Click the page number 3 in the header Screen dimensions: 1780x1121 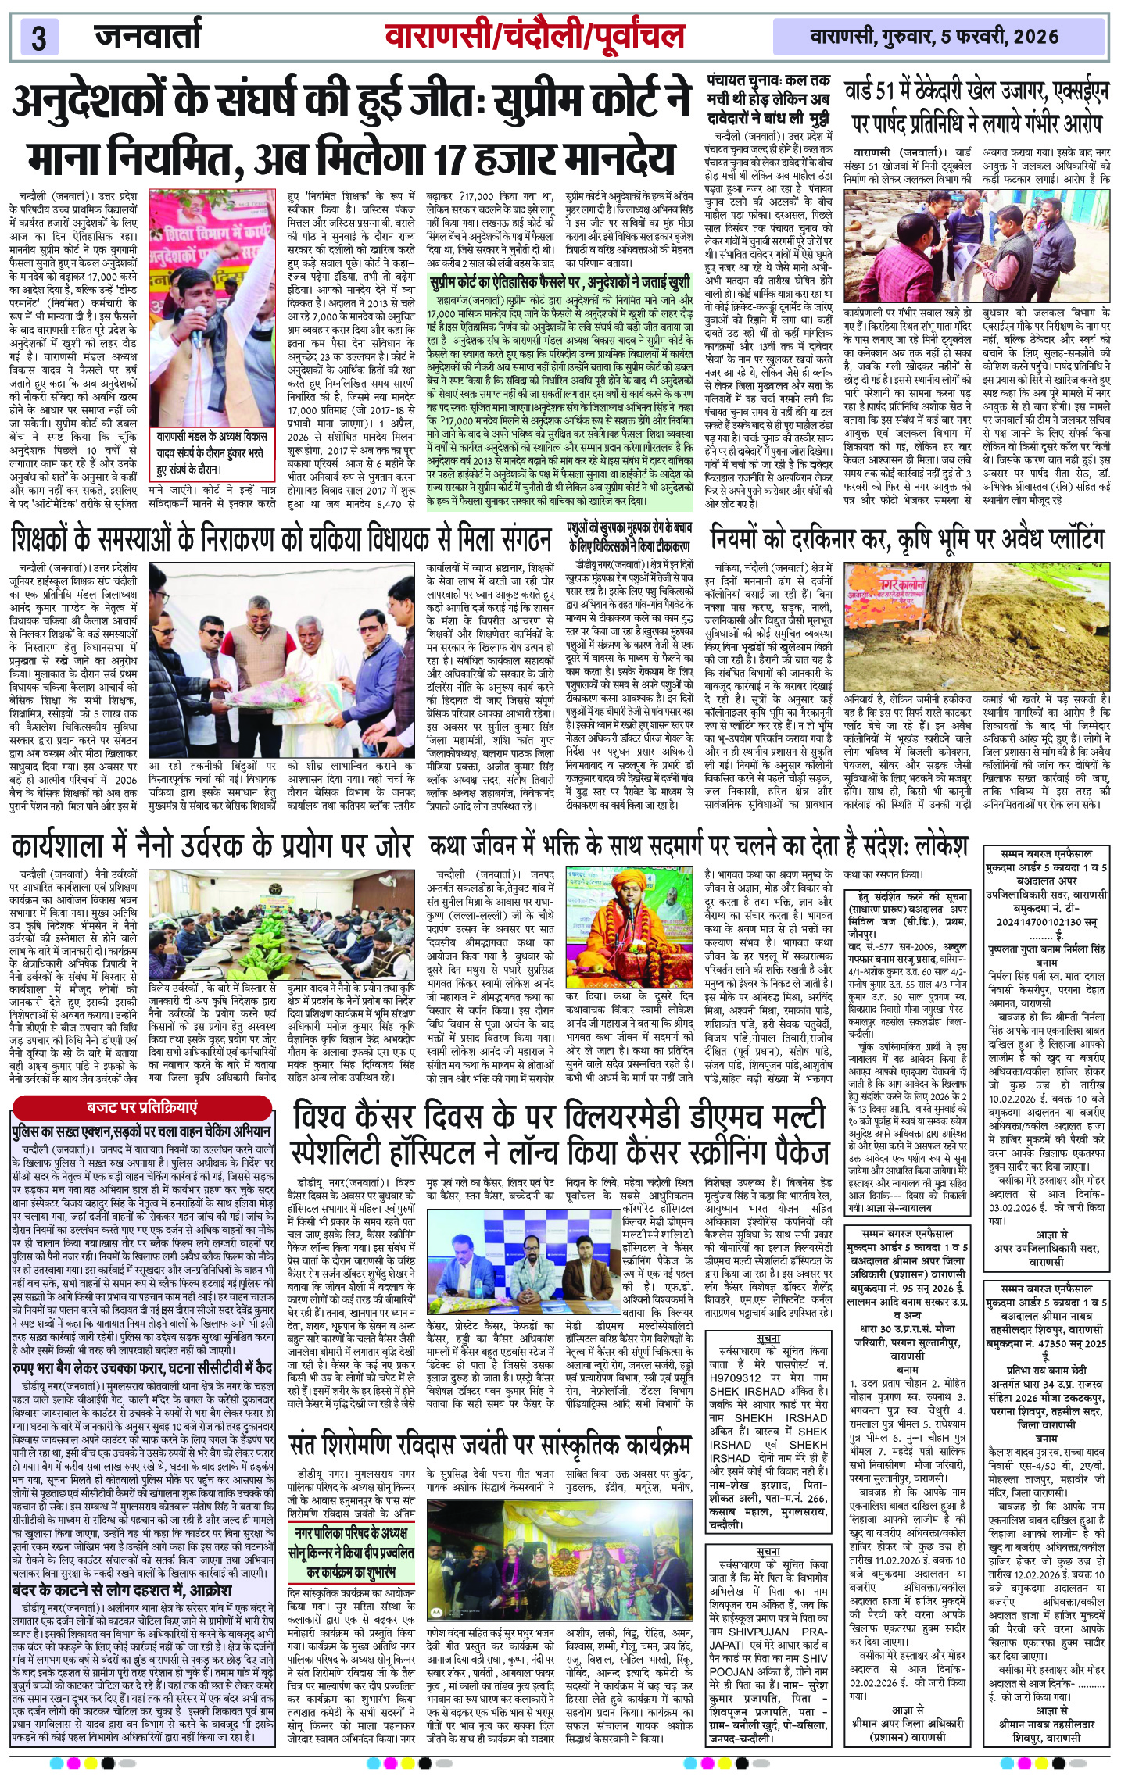[x=38, y=38]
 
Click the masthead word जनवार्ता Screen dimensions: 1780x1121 [x=148, y=36]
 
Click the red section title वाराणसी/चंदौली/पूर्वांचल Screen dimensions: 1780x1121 [x=535, y=36]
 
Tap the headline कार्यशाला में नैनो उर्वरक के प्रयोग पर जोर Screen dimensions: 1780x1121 [x=211, y=845]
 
